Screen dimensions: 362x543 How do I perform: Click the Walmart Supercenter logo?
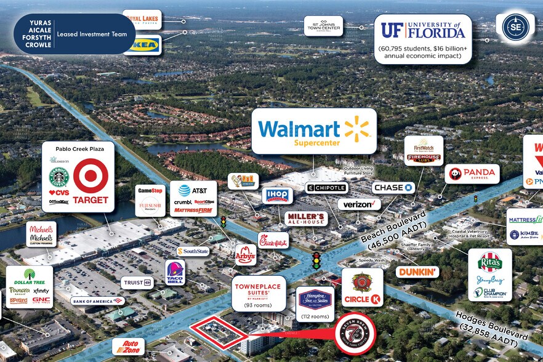pyautogui.click(x=314, y=131)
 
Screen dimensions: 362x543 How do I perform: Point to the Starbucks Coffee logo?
pyautogui.click(x=59, y=177)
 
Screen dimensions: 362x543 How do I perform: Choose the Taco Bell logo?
pyautogui.click(x=175, y=272)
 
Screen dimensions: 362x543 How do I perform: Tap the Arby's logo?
pyautogui.click(x=245, y=254)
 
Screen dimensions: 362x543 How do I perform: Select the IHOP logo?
pyautogui.click(x=276, y=196)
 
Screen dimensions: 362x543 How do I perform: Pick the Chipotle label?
pyautogui.click(x=327, y=188)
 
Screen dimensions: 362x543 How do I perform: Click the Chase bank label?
pyautogui.click(x=393, y=187)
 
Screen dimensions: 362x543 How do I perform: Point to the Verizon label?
pyautogui.click(x=359, y=204)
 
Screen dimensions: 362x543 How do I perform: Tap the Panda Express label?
pyautogui.click(x=472, y=174)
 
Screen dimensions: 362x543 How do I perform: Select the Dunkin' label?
pyautogui.click(x=417, y=271)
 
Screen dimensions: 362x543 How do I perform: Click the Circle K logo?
pyautogui.click(x=362, y=288)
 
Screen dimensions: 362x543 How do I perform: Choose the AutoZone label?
pyautogui.click(x=129, y=347)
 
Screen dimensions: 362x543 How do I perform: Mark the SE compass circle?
pyautogui.click(x=515, y=27)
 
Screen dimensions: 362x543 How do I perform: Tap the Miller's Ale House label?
pyautogui.click(x=306, y=219)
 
